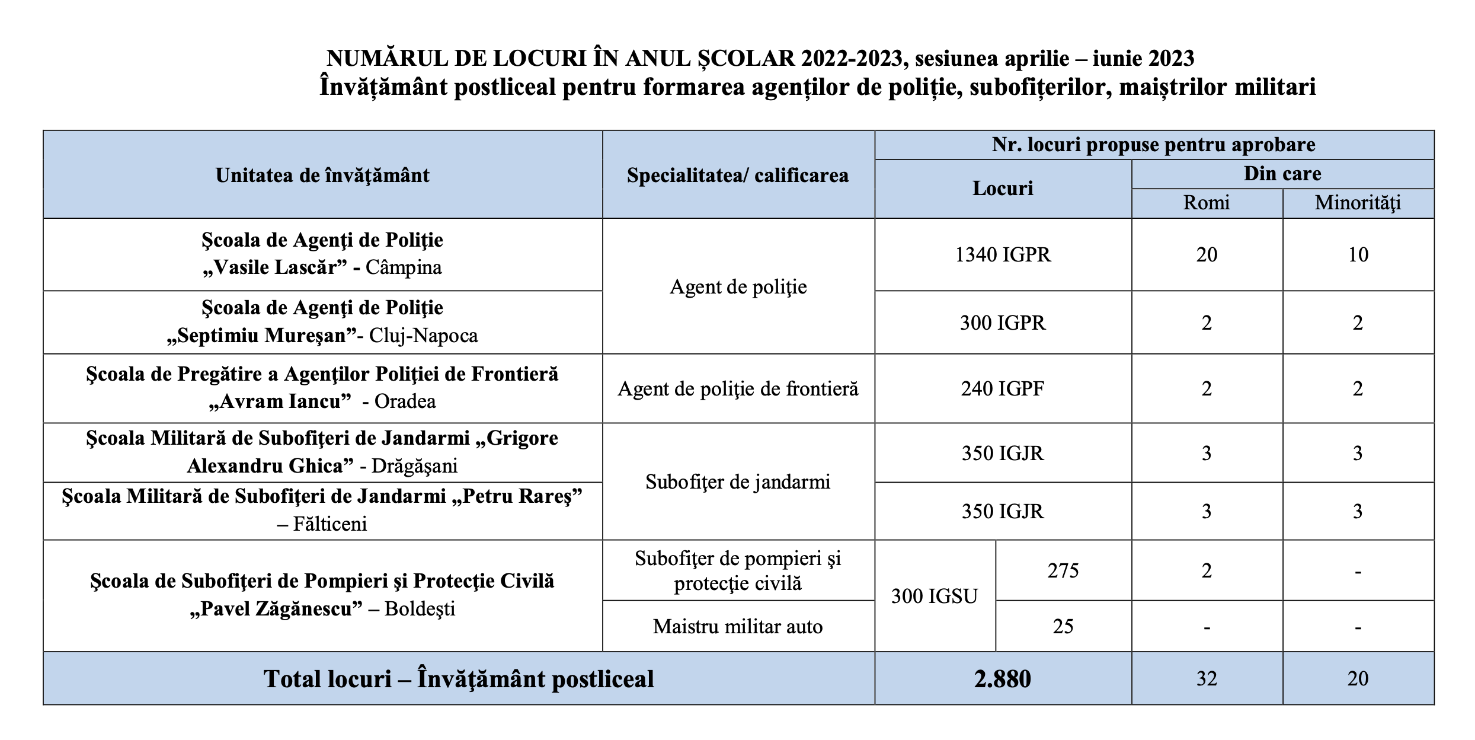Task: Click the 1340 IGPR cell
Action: [x=1003, y=254]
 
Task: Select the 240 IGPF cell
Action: [x=1003, y=388]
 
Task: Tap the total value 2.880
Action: [x=1003, y=678]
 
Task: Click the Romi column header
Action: [x=1207, y=203]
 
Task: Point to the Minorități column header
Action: [x=1358, y=203]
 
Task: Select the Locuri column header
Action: [x=1003, y=188]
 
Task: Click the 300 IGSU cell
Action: [x=935, y=596]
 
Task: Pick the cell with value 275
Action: [x=1063, y=570]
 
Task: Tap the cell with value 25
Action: [x=1063, y=626]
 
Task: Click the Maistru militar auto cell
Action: [x=738, y=626]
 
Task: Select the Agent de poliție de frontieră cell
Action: [x=738, y=388]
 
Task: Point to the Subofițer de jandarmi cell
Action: [x=738, y=481]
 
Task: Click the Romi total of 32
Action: [x=1207, y=678]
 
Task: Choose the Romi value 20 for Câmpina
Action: [x=1207, y=254]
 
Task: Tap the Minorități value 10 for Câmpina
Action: [x=1358, y=254]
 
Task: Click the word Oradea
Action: [x=405, y=401]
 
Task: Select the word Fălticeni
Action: [x=330, y=524]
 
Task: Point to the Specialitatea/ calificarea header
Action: [x=738, y=176]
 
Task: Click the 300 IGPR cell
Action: [x=1003, y=323]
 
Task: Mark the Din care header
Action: [x=1282, y=174]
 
